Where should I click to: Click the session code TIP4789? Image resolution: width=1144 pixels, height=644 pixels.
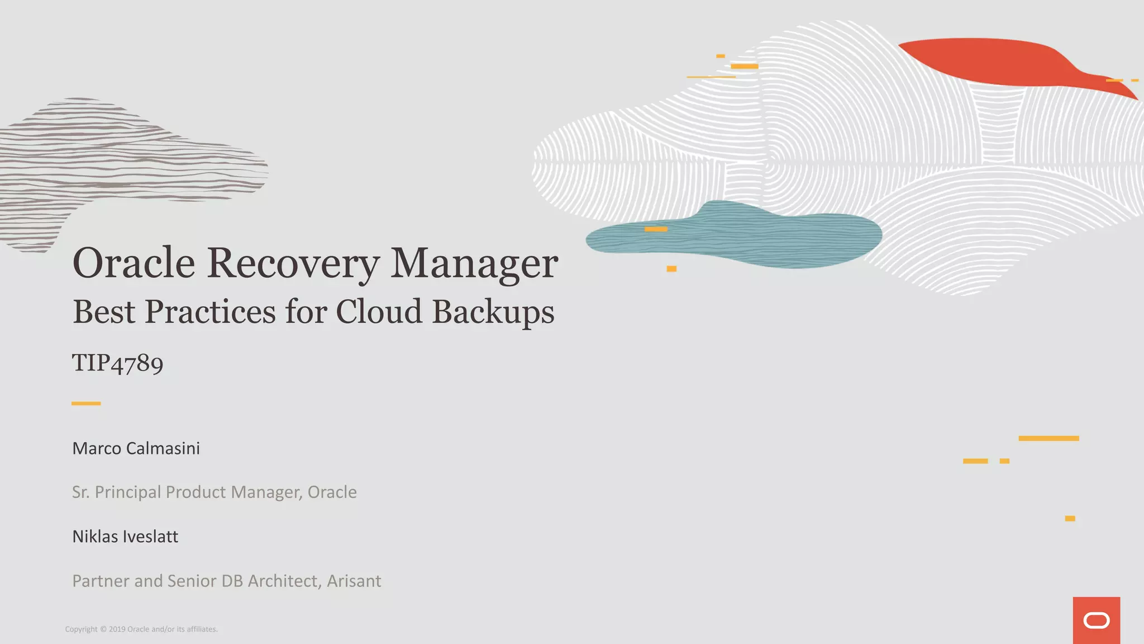tap(118, 363)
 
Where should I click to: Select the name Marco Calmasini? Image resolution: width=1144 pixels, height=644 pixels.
tap(136, 448)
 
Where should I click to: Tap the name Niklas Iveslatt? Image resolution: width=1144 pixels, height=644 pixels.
tap(125, 537)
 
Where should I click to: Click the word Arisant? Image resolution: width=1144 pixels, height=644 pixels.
tap(354, 581)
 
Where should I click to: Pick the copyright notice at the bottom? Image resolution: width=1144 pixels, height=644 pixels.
tap(141, 629)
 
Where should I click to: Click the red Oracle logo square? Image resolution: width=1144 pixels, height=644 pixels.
tap(1096, 620)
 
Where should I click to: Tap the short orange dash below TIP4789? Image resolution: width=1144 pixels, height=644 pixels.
tap(86, 403)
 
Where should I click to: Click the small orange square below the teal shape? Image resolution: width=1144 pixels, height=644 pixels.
tap(671, 269)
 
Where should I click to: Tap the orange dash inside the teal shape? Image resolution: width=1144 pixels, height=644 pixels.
tap(656, 229)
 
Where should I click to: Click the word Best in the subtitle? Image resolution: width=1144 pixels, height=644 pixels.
tap(104, 311)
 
